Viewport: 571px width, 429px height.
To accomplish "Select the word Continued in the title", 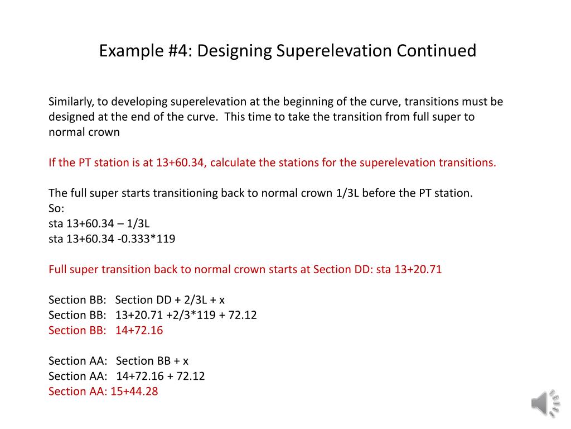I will (x=437, y=51).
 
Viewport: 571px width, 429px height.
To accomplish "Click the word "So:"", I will (x=56, y=208).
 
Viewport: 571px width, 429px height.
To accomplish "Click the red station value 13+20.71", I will (x=418, y=269).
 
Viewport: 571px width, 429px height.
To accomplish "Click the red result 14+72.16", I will (x=139, y=330).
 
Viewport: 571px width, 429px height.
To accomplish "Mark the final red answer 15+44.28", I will (x=134, y=391).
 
